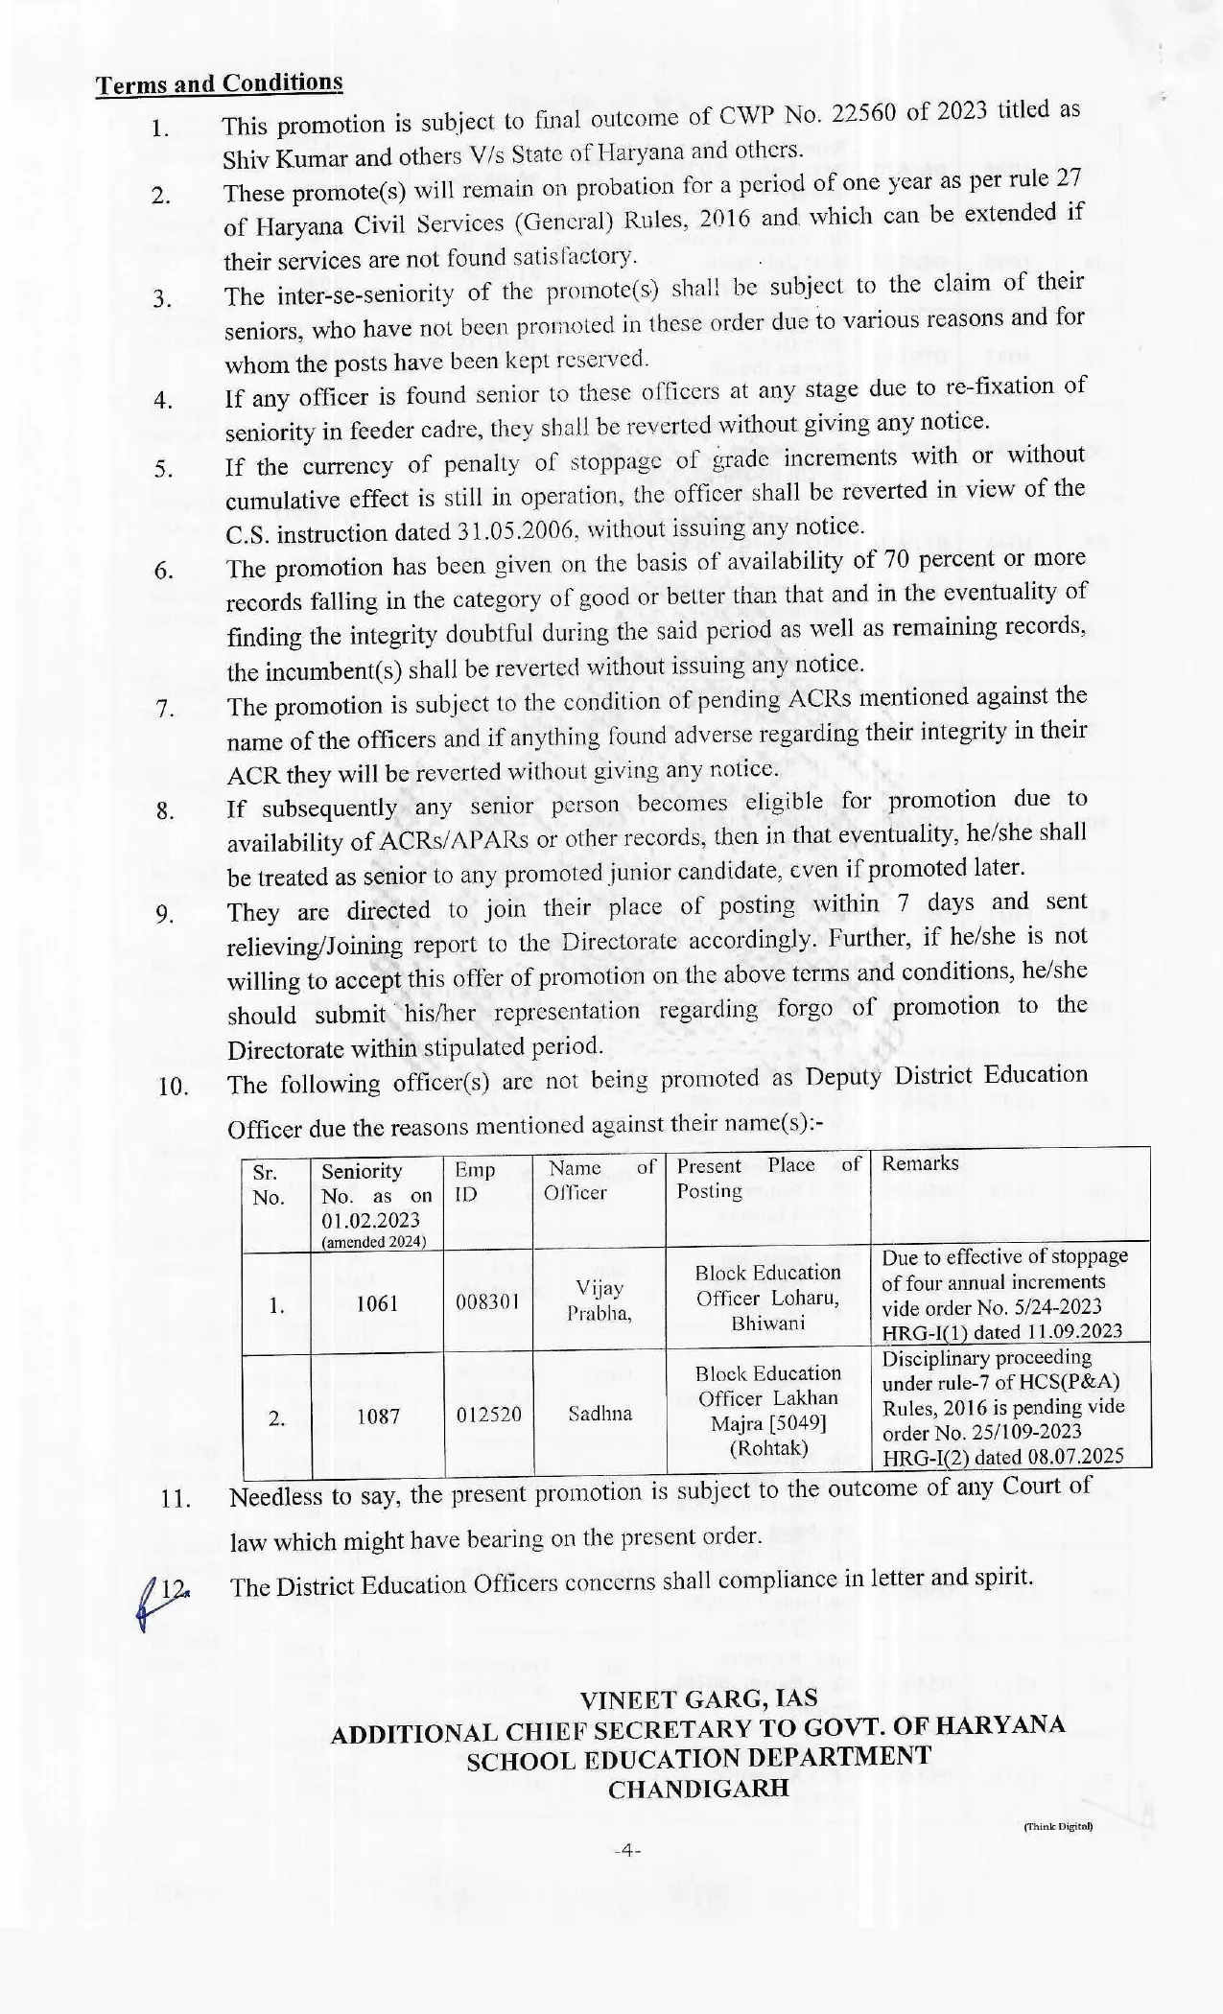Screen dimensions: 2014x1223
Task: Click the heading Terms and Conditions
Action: point(219,83)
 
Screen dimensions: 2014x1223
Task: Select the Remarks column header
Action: point(920,1163)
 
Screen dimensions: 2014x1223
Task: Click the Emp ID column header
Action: point(475,1183)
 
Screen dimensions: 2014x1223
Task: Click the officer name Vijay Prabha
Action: point(600,1301)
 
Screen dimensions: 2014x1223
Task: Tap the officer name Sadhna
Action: point(600,1414)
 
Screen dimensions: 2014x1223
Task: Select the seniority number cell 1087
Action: point(378,1416)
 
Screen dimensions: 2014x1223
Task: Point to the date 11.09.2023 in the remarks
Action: point(1072,1331)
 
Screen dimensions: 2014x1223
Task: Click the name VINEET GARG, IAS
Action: point(698,1699)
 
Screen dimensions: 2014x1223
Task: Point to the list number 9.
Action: point(164,914)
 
